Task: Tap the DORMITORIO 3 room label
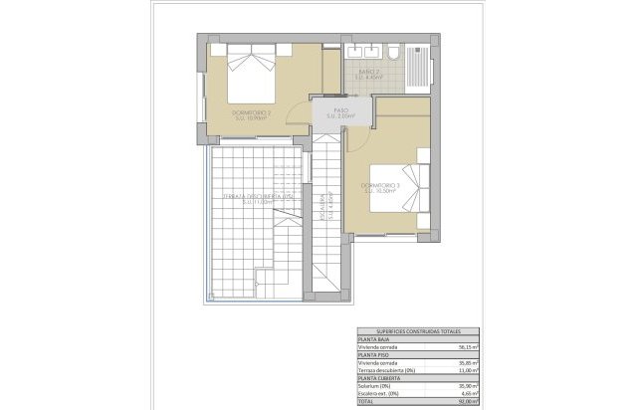point(380,185)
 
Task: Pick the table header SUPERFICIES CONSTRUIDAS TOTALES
point(417,331)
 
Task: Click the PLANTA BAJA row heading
point(376,339)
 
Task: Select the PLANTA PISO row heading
point(376,355)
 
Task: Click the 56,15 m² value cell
point(467,347)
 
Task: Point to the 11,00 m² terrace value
point(467,370)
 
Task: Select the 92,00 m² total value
point(467,402)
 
